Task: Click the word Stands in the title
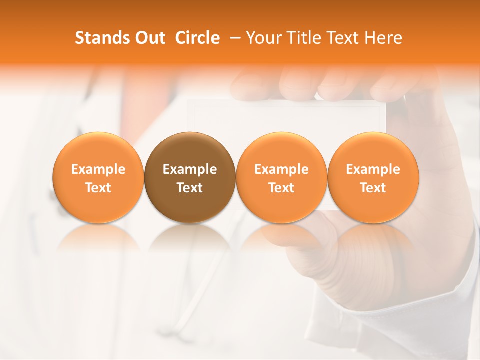[x=97, y=38]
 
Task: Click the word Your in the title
[x=262, y=38]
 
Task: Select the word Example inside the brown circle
[x=190, y=169]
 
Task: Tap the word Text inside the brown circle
[x=190, y=188]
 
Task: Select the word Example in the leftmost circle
[x=98, y=169]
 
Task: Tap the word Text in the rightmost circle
[x=373, y=188]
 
